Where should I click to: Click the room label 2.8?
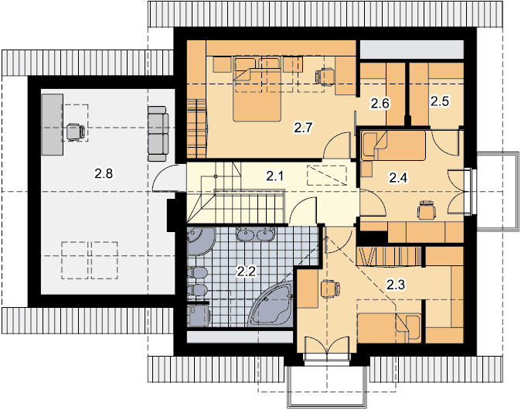tap(104, 173)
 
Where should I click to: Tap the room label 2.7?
tap(304, 128)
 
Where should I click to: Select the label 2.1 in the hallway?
tap(275, 176)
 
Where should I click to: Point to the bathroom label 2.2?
tap(247, 272)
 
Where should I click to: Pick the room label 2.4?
tap(398, 178)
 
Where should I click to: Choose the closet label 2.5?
tap(440, 101)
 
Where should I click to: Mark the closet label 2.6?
tap(380, 104)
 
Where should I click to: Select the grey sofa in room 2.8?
tap(157, 134)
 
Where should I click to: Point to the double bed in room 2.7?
tap(257, 89)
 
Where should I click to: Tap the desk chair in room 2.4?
tap(426, 210)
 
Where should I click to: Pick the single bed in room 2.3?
tap(389, 328)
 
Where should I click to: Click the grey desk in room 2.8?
tap(52, 125)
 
